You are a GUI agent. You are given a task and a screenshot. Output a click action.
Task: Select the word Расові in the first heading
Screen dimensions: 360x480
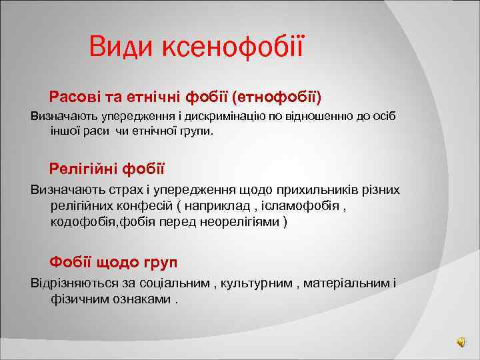pyautogui.click(x=73, y=98)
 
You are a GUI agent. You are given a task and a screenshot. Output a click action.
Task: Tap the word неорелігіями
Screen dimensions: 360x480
pyautogui.click(x=247, y=221)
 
